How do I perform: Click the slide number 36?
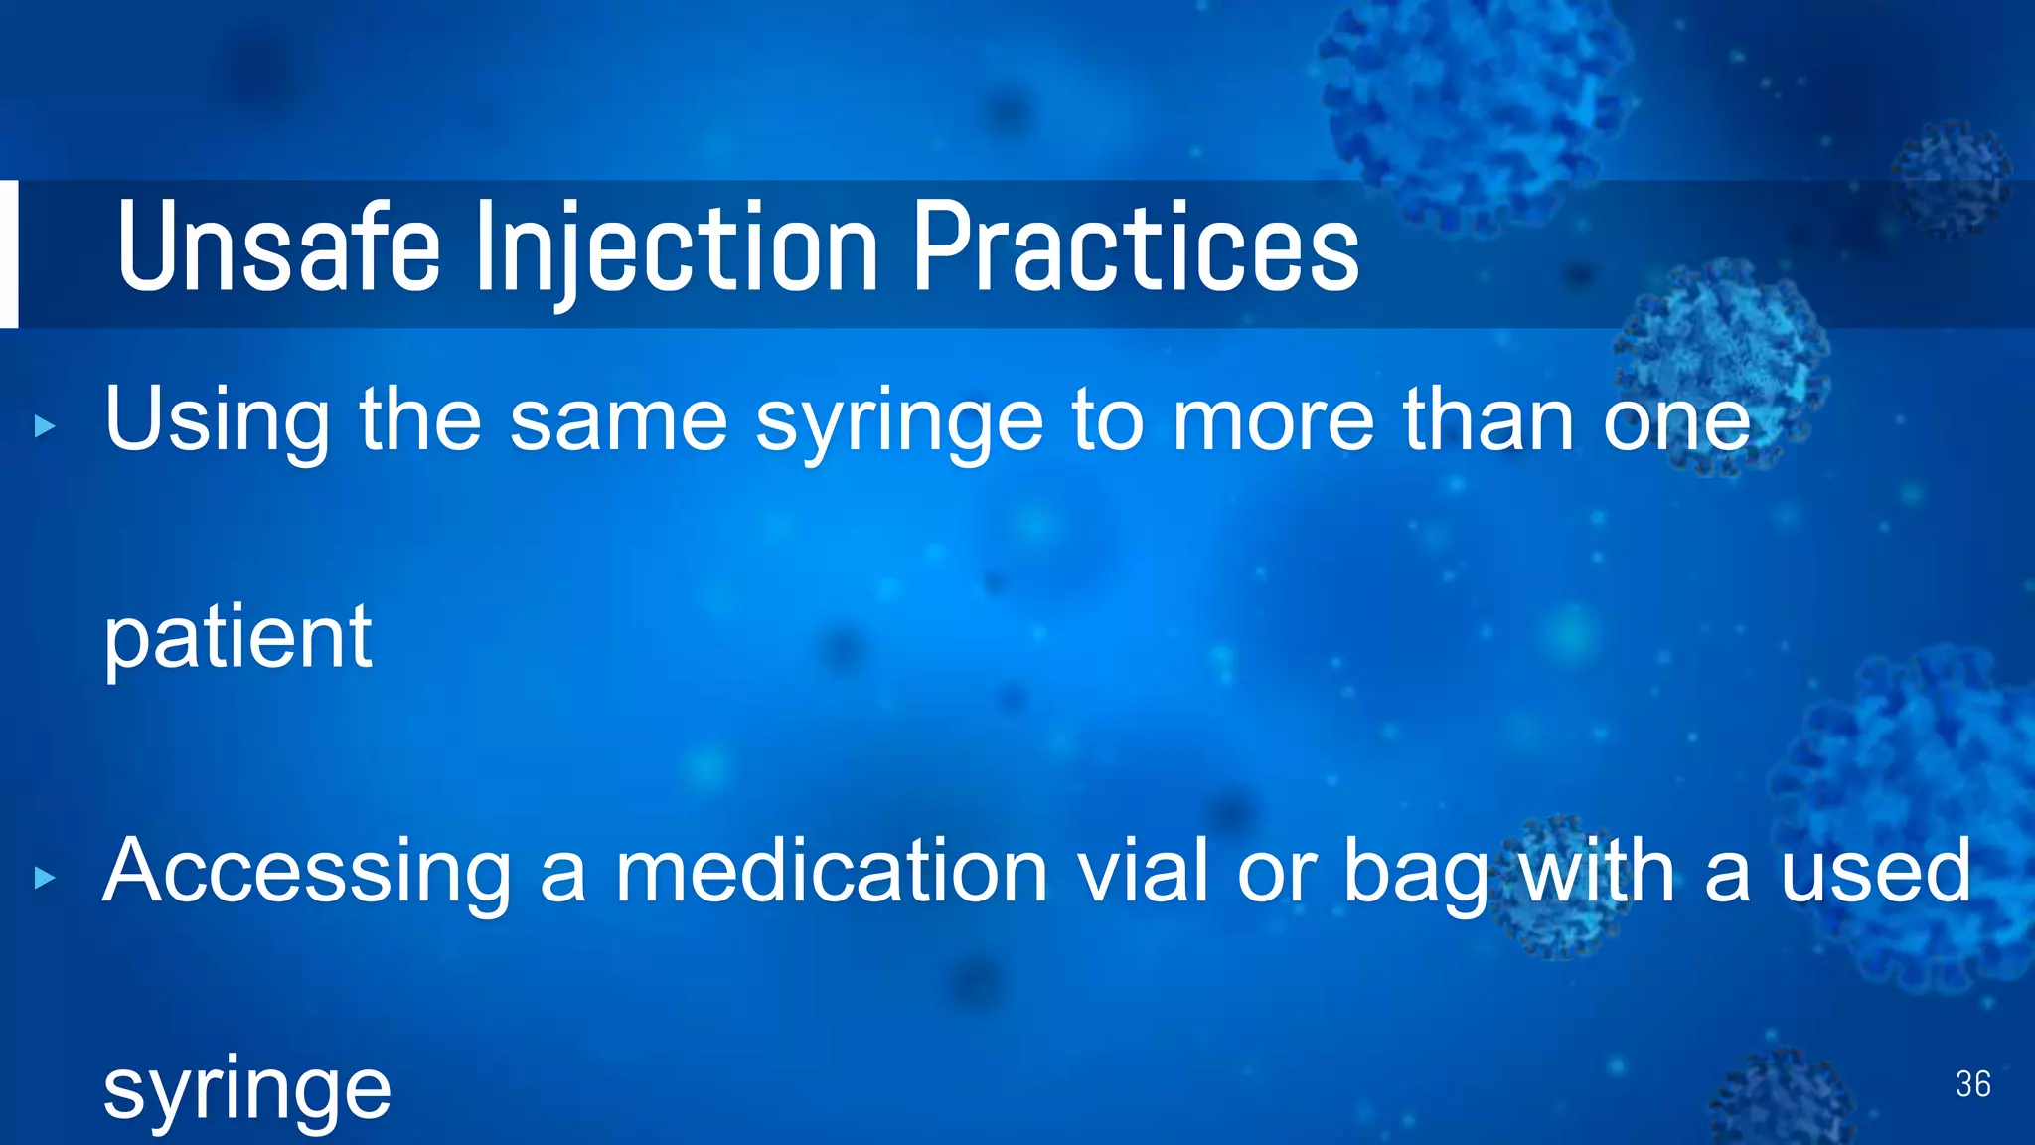1972,1084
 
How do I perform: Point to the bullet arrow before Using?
45,427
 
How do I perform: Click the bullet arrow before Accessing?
45,878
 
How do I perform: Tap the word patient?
237,638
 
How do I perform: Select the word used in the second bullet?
1874,871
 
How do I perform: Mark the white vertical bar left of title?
8,253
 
